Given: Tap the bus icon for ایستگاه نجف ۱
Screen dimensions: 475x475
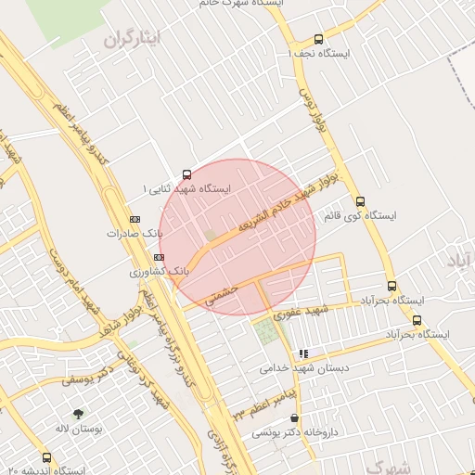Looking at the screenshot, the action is (x=319, y=40).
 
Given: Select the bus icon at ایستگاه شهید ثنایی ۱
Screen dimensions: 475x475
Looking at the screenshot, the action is (x=187, y=173).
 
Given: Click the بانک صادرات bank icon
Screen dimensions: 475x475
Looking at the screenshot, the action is (x=135, y=219).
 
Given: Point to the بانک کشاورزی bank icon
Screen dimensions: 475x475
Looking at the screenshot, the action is (x=160, y=257).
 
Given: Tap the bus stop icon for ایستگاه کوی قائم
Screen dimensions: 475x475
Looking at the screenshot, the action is (x=361, y=201).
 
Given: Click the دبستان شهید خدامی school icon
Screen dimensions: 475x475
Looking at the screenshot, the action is (x=303, y=353).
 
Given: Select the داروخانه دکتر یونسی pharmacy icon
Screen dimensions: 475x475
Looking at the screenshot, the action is (x=295, y=417).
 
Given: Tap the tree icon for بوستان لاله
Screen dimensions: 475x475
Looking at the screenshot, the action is (x=77, y=414).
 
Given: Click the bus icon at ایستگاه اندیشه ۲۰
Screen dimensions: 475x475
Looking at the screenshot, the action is (x=47, y=457).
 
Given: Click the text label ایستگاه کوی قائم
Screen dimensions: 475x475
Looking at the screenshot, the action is (x=360, y=215).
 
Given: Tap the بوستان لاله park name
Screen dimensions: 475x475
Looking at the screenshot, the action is (x=76, y=429).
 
